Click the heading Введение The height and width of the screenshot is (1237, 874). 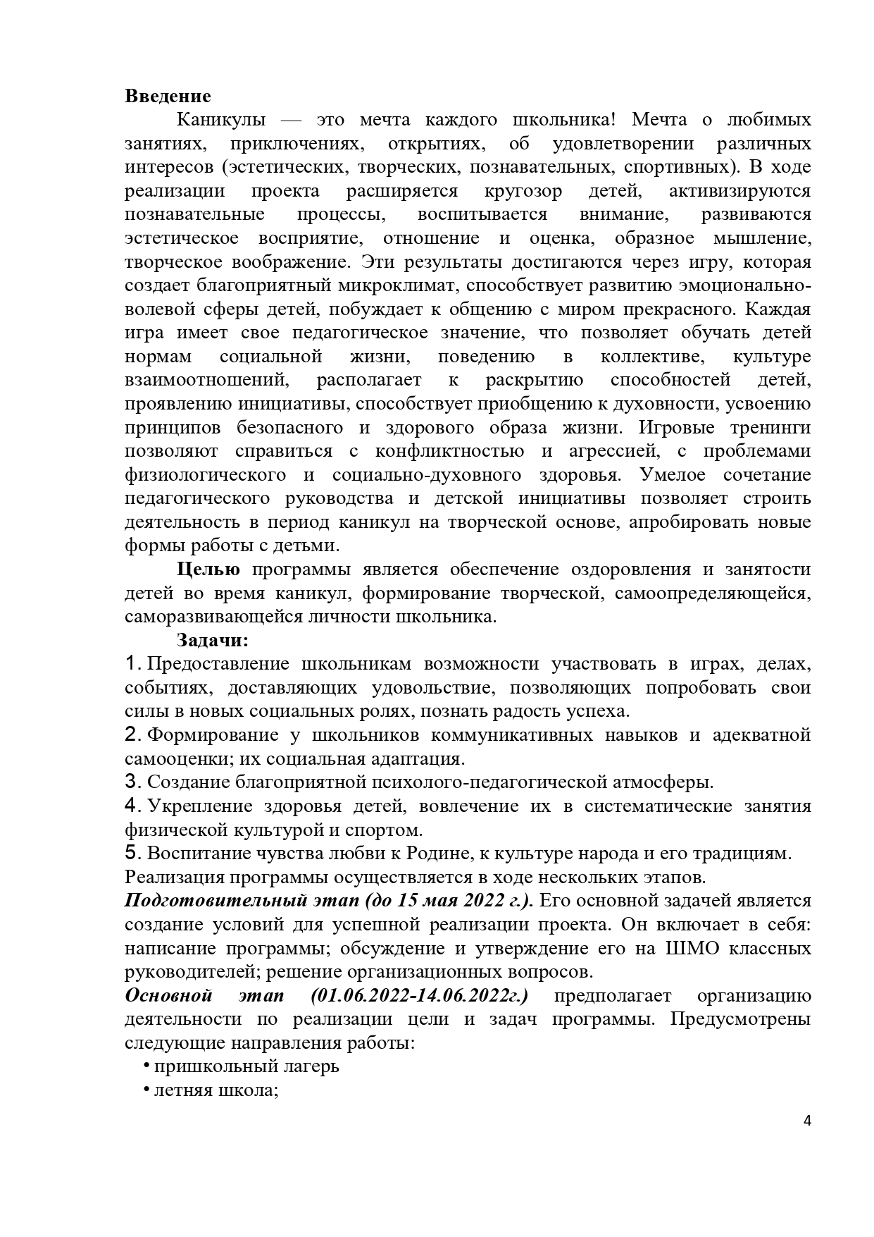[168, 96]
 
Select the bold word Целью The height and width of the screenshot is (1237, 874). [208, 570]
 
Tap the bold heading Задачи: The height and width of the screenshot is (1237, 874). [213, 641]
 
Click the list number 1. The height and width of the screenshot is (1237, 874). [132, 664]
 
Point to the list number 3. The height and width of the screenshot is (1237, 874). [132, 782]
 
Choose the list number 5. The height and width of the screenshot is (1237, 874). [132, 854]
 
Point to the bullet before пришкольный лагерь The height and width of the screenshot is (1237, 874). [146, 1066]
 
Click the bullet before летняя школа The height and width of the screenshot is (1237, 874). [146, 1090]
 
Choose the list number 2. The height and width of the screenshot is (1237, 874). [132, 735]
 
